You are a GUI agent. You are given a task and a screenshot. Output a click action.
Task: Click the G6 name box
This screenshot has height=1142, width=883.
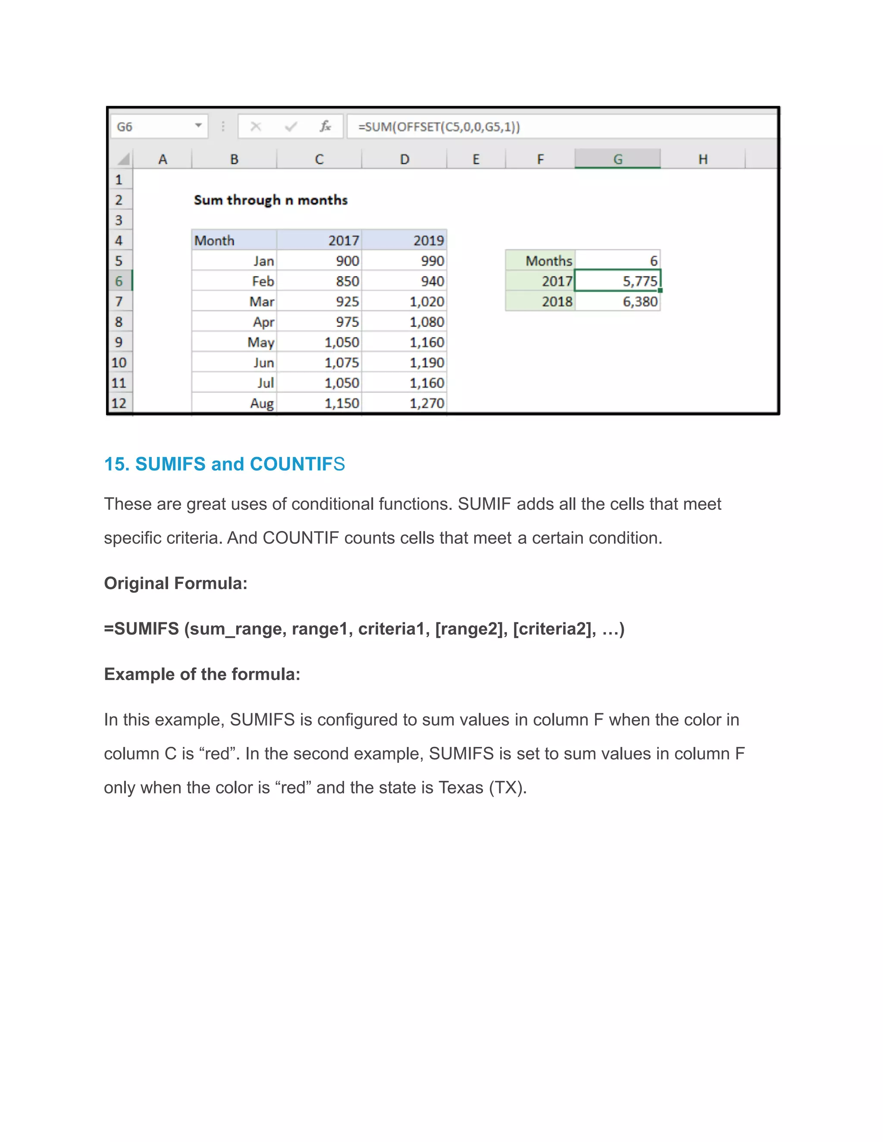click(x=152, y=127)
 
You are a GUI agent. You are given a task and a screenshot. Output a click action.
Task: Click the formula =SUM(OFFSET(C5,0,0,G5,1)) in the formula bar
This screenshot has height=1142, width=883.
click(x=438, y=127)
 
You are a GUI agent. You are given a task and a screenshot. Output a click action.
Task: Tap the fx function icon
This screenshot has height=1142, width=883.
click(x=325, y=127)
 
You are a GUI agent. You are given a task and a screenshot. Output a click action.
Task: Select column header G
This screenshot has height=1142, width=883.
click(x=617, y=159)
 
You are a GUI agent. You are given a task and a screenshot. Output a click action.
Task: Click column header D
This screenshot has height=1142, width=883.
click(x=404, y=159)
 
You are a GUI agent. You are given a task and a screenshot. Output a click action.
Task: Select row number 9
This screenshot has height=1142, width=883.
click(x=119, y=342)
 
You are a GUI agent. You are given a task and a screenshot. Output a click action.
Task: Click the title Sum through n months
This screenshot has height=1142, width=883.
click(x=270, y=200)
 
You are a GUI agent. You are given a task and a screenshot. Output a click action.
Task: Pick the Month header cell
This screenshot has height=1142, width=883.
click(x=233, y=240)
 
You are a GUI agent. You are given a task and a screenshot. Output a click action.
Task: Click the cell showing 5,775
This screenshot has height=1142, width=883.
click(x=618, y=281)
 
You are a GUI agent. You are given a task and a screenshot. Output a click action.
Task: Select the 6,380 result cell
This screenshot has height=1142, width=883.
click(x=618, y=302)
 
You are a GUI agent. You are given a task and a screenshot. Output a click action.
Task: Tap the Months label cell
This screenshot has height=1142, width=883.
click(x=540, y=261)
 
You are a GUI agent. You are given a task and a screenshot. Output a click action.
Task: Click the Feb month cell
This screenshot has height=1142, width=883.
click(x=234, y=281)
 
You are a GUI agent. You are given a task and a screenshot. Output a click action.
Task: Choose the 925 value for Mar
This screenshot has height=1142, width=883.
click(x=319, y=302)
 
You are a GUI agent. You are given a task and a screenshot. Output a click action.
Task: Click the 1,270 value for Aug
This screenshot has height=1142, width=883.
click(x=404, y=403)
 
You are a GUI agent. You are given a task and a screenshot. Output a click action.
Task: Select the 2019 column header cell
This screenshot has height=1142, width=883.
click(x=404, y=240)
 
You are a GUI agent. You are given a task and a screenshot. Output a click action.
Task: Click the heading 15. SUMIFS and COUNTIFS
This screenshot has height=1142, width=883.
click(x=224, y=464)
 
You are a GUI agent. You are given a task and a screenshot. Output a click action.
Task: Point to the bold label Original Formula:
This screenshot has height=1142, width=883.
click(x=175, y=583)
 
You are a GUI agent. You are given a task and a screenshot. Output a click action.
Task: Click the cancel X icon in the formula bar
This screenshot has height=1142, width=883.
click(x=256, y=127)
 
